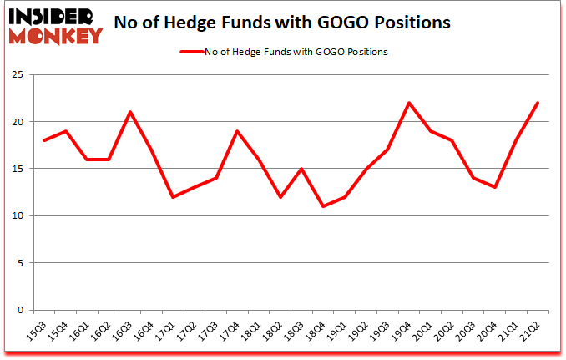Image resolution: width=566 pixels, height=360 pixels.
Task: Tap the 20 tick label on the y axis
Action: (x=17, y=122)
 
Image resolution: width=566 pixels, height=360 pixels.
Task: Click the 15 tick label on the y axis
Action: (x=17, y=169)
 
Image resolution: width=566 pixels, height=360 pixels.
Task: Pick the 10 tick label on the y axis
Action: (x=17, y=215)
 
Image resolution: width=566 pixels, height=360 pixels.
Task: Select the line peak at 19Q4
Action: (x=407, y=103)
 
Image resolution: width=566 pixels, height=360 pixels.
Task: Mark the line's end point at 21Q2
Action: (x=538, y=103)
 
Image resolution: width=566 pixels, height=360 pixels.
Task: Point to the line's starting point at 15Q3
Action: (x=43, y=140)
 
